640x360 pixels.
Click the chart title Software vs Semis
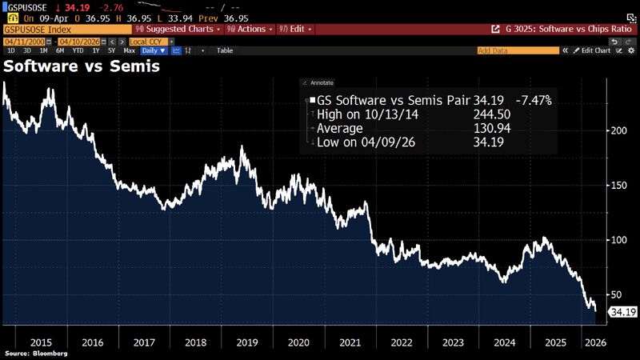(82, 66)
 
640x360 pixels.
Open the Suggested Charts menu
(185, 28)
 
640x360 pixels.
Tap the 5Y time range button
(110, 50)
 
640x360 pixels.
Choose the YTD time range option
(78, 50)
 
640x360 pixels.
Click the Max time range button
(130, 50)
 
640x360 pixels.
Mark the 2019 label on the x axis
(246, 342)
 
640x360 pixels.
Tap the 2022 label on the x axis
(401, 342)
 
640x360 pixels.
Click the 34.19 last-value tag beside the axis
(622, 311)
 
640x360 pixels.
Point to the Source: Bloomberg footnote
(36, 353)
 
